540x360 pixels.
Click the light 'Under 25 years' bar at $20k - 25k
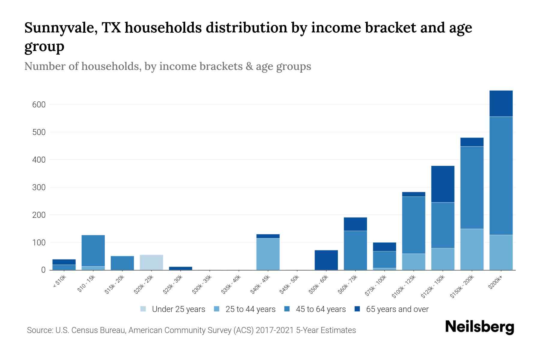click(151, 262)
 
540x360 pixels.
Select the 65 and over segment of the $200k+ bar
click(501, 103)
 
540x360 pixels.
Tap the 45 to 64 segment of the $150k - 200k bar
click(472, 187)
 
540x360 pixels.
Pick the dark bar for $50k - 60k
click(326, 260)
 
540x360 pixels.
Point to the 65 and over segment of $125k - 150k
click(443, 184)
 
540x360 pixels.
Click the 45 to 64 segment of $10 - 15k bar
click(93, 250)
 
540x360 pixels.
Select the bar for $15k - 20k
click(122, 263)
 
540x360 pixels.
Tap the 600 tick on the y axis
click(39, 105)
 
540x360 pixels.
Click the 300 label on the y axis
click(39, 187)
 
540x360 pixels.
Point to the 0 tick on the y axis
click(43, 270)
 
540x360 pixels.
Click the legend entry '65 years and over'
click(397, 309)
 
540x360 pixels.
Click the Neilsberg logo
click(479, 327)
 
